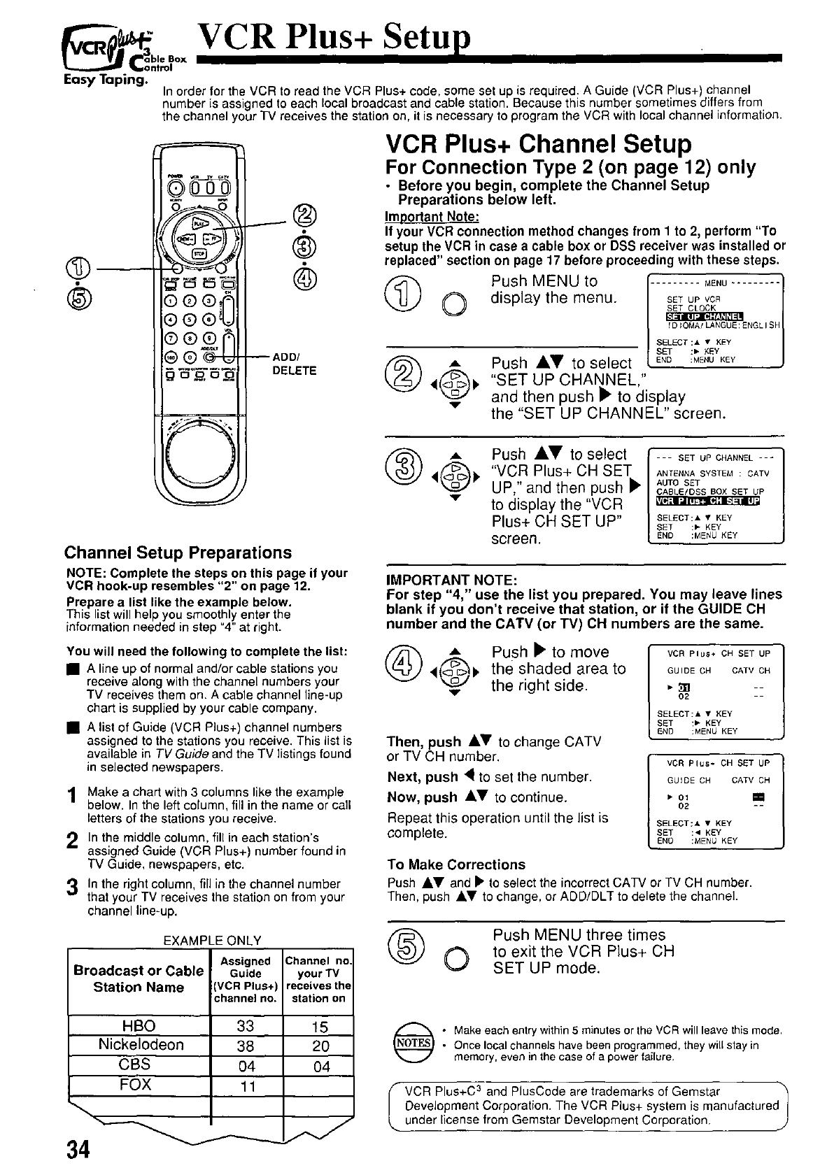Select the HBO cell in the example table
[x=139, y=1025]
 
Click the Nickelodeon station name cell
[x=141, y=1044]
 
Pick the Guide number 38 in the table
[x=246, y=1045]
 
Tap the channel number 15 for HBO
[x=319, y=1027]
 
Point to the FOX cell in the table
[x=136, y=1085]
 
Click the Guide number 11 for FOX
[x=246, y=1086]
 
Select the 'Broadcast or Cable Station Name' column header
[x=139, y=978]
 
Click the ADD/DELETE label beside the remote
[x=294, y=364]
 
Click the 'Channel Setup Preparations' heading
[x=178, y=553]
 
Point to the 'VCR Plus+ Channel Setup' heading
[x=538, y=143]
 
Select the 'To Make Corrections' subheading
[x=455, y=864]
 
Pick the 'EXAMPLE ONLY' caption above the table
[x=211, y=941]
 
